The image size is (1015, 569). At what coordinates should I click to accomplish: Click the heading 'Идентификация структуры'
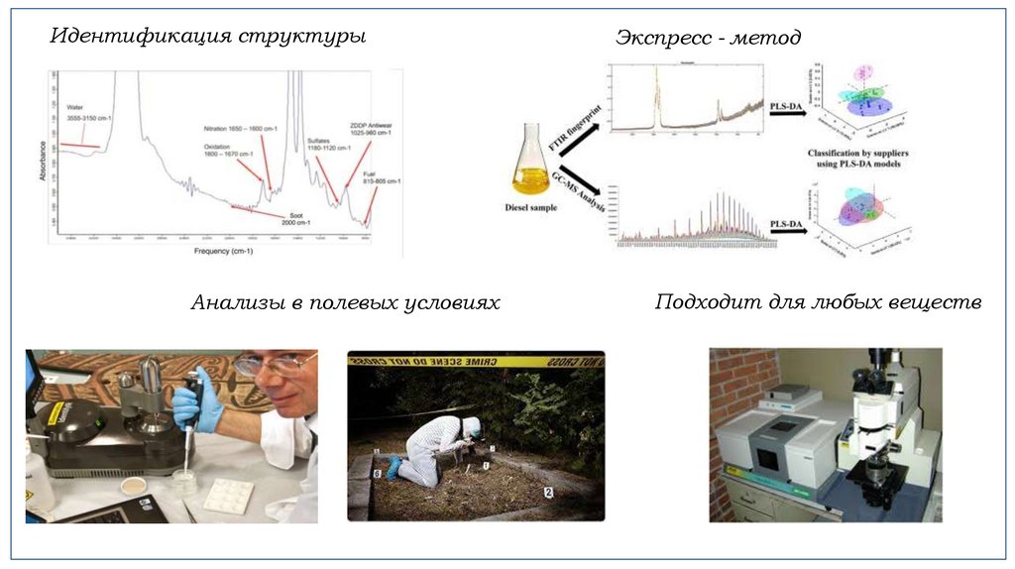(x=208, y=37)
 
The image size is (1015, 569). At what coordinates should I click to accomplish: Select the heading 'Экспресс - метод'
(x=708, y=38)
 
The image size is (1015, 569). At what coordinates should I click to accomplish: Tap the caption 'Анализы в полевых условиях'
(x=345, y=302)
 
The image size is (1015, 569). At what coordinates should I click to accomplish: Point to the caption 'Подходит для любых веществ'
(x=818, y=301)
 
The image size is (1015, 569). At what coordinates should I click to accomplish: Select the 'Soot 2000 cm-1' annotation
(x=294, y=218)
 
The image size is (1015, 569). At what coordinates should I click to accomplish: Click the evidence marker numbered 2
(x=548, y=492)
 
